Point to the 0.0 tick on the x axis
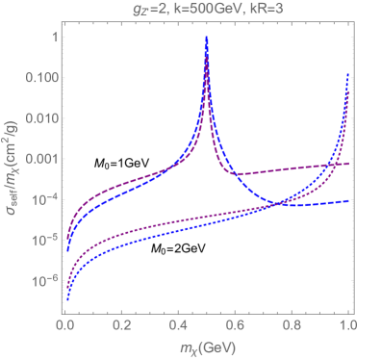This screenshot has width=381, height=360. [65, 326]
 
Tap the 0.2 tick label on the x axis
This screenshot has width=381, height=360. [121, 326]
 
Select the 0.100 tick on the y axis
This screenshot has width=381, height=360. [39, 78]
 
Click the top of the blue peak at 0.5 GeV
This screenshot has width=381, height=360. [208, 39]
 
